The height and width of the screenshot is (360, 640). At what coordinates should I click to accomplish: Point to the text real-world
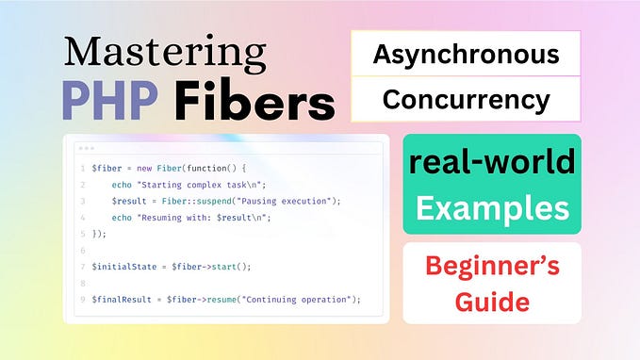pos(491,162)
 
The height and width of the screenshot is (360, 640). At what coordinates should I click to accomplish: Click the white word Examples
pos(491,207)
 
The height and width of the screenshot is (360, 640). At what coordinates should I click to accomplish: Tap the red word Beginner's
pos(491,266)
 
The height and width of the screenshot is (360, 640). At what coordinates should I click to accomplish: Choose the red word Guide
pos(491,303)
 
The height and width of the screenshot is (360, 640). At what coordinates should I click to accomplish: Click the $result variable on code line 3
pos(130,202)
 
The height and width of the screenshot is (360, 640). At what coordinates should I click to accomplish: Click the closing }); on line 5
pos(100,234)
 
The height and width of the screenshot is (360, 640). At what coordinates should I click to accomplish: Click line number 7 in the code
pos(83,267)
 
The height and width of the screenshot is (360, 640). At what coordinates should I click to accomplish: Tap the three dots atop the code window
pos(88,149)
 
